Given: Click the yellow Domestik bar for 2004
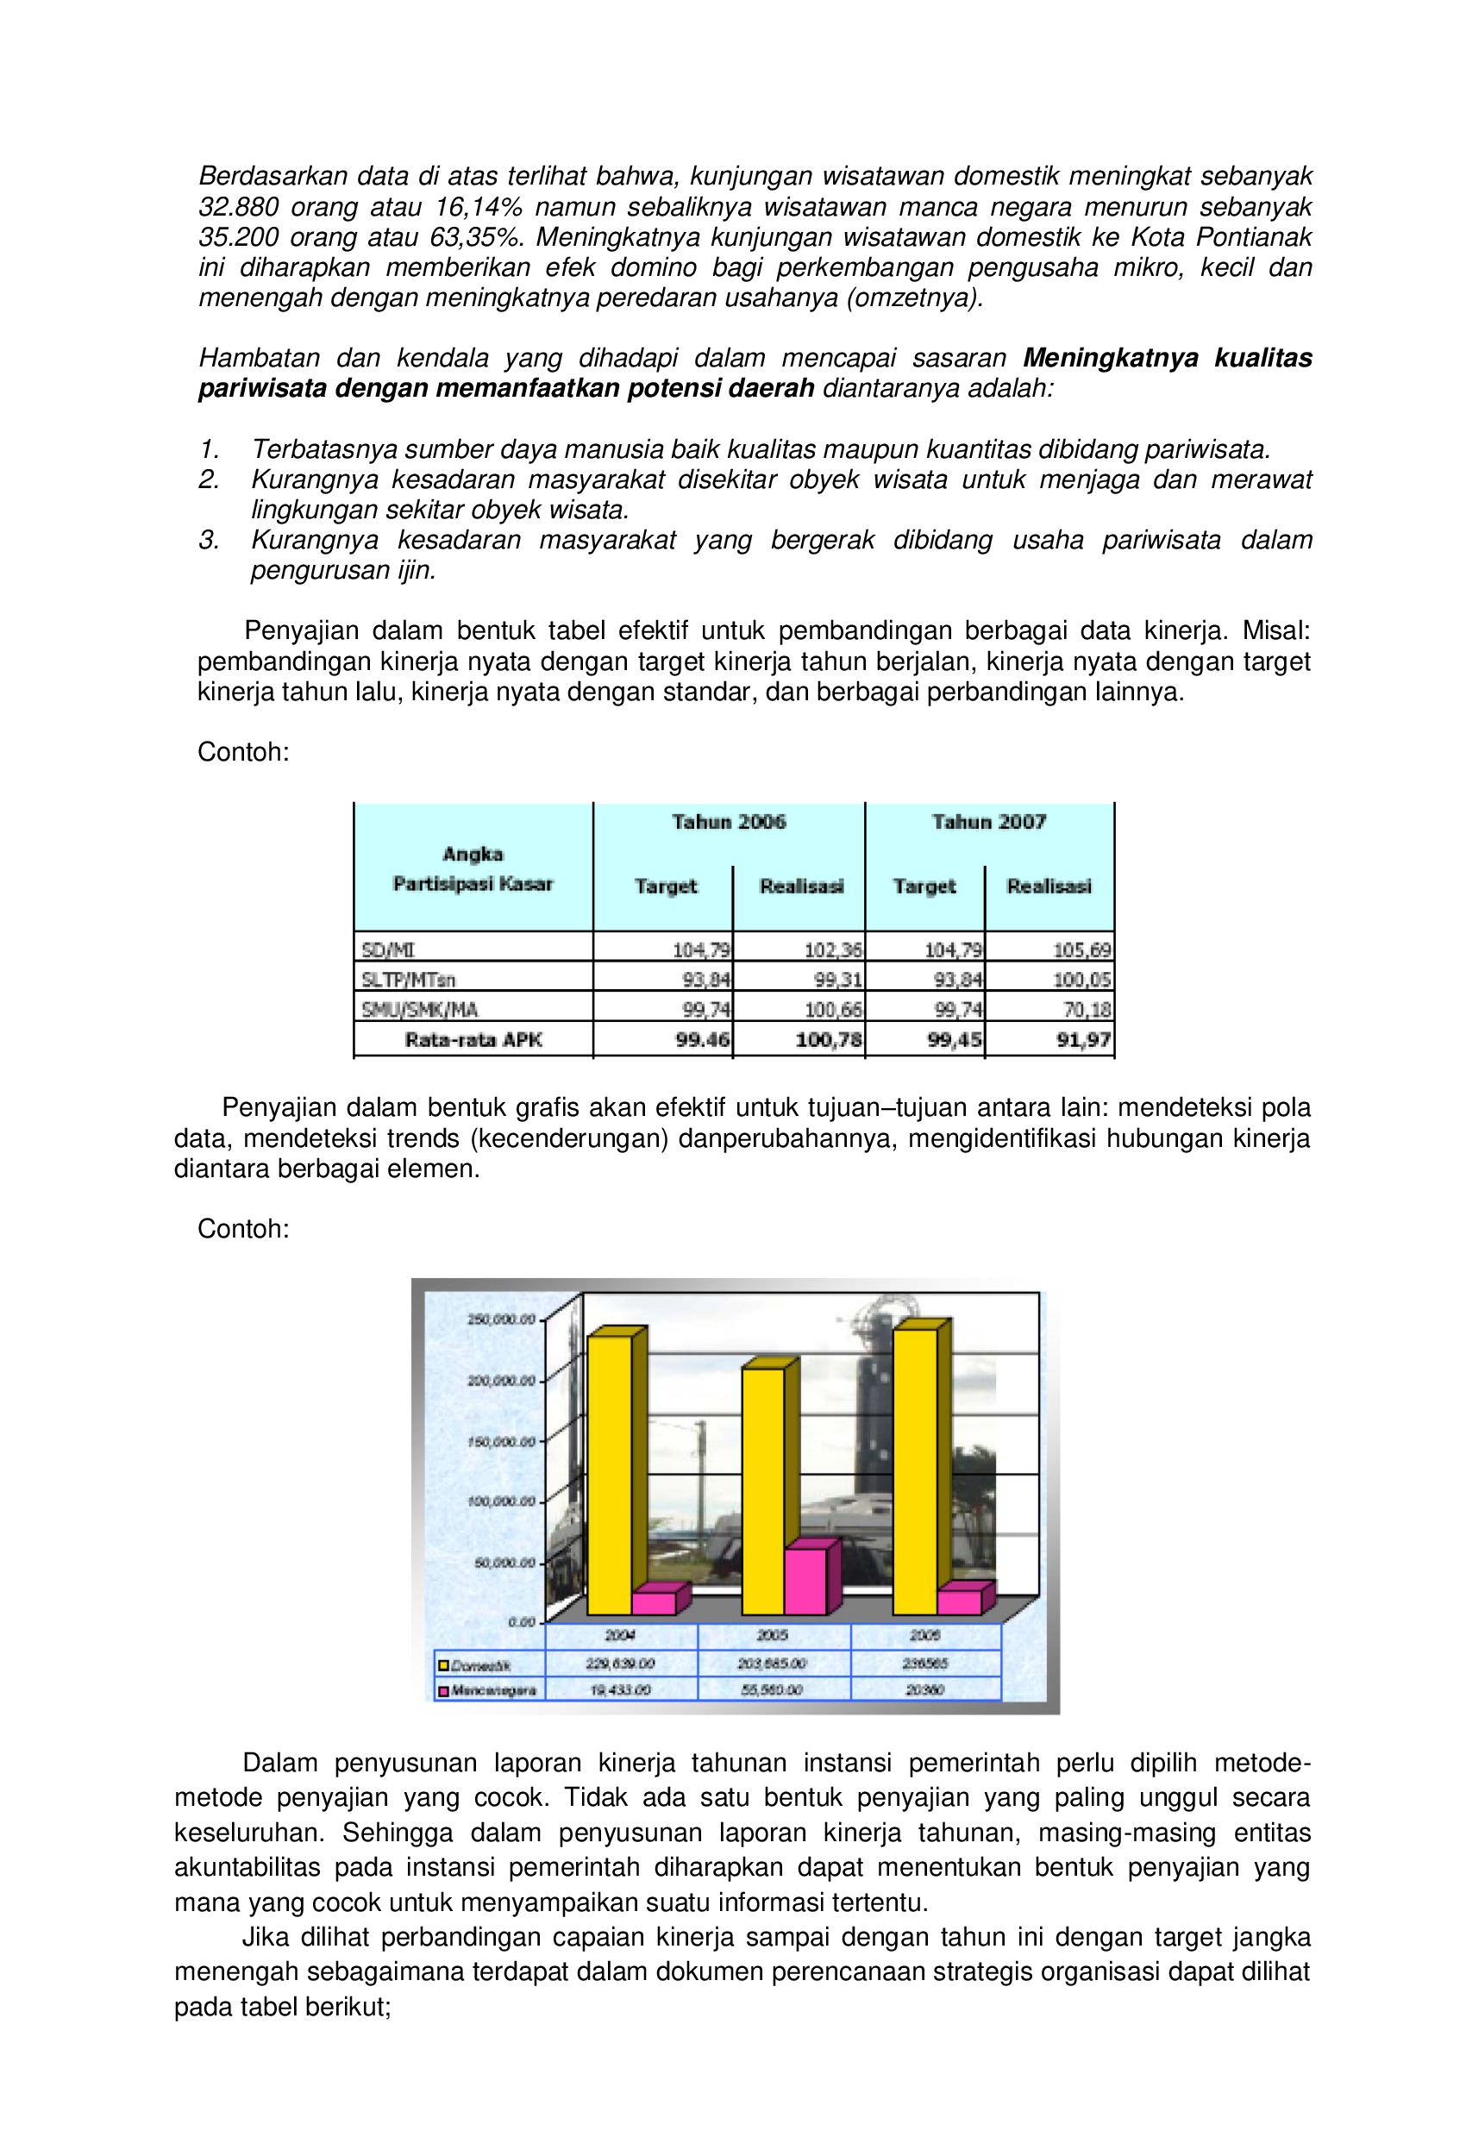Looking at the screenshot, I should pyautogui.click(x=610, y=1475).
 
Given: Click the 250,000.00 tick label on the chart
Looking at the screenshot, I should pyautogui.click(x=502, y=1319).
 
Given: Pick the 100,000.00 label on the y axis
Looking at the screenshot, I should pyautogui.click(x=502, y=1501).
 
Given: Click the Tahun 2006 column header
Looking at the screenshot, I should pyautogui.click(x=729, y=821).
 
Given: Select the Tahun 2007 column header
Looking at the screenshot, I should pyautogui.click(x=989, y=821).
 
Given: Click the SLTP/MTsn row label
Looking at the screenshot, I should pyautogui.click(x=408, y=979).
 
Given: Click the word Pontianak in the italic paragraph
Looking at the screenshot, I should pyautogui.click(x=1254, y=237).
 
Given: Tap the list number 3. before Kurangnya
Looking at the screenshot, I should pyautogui.click(x=209, y=540).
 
